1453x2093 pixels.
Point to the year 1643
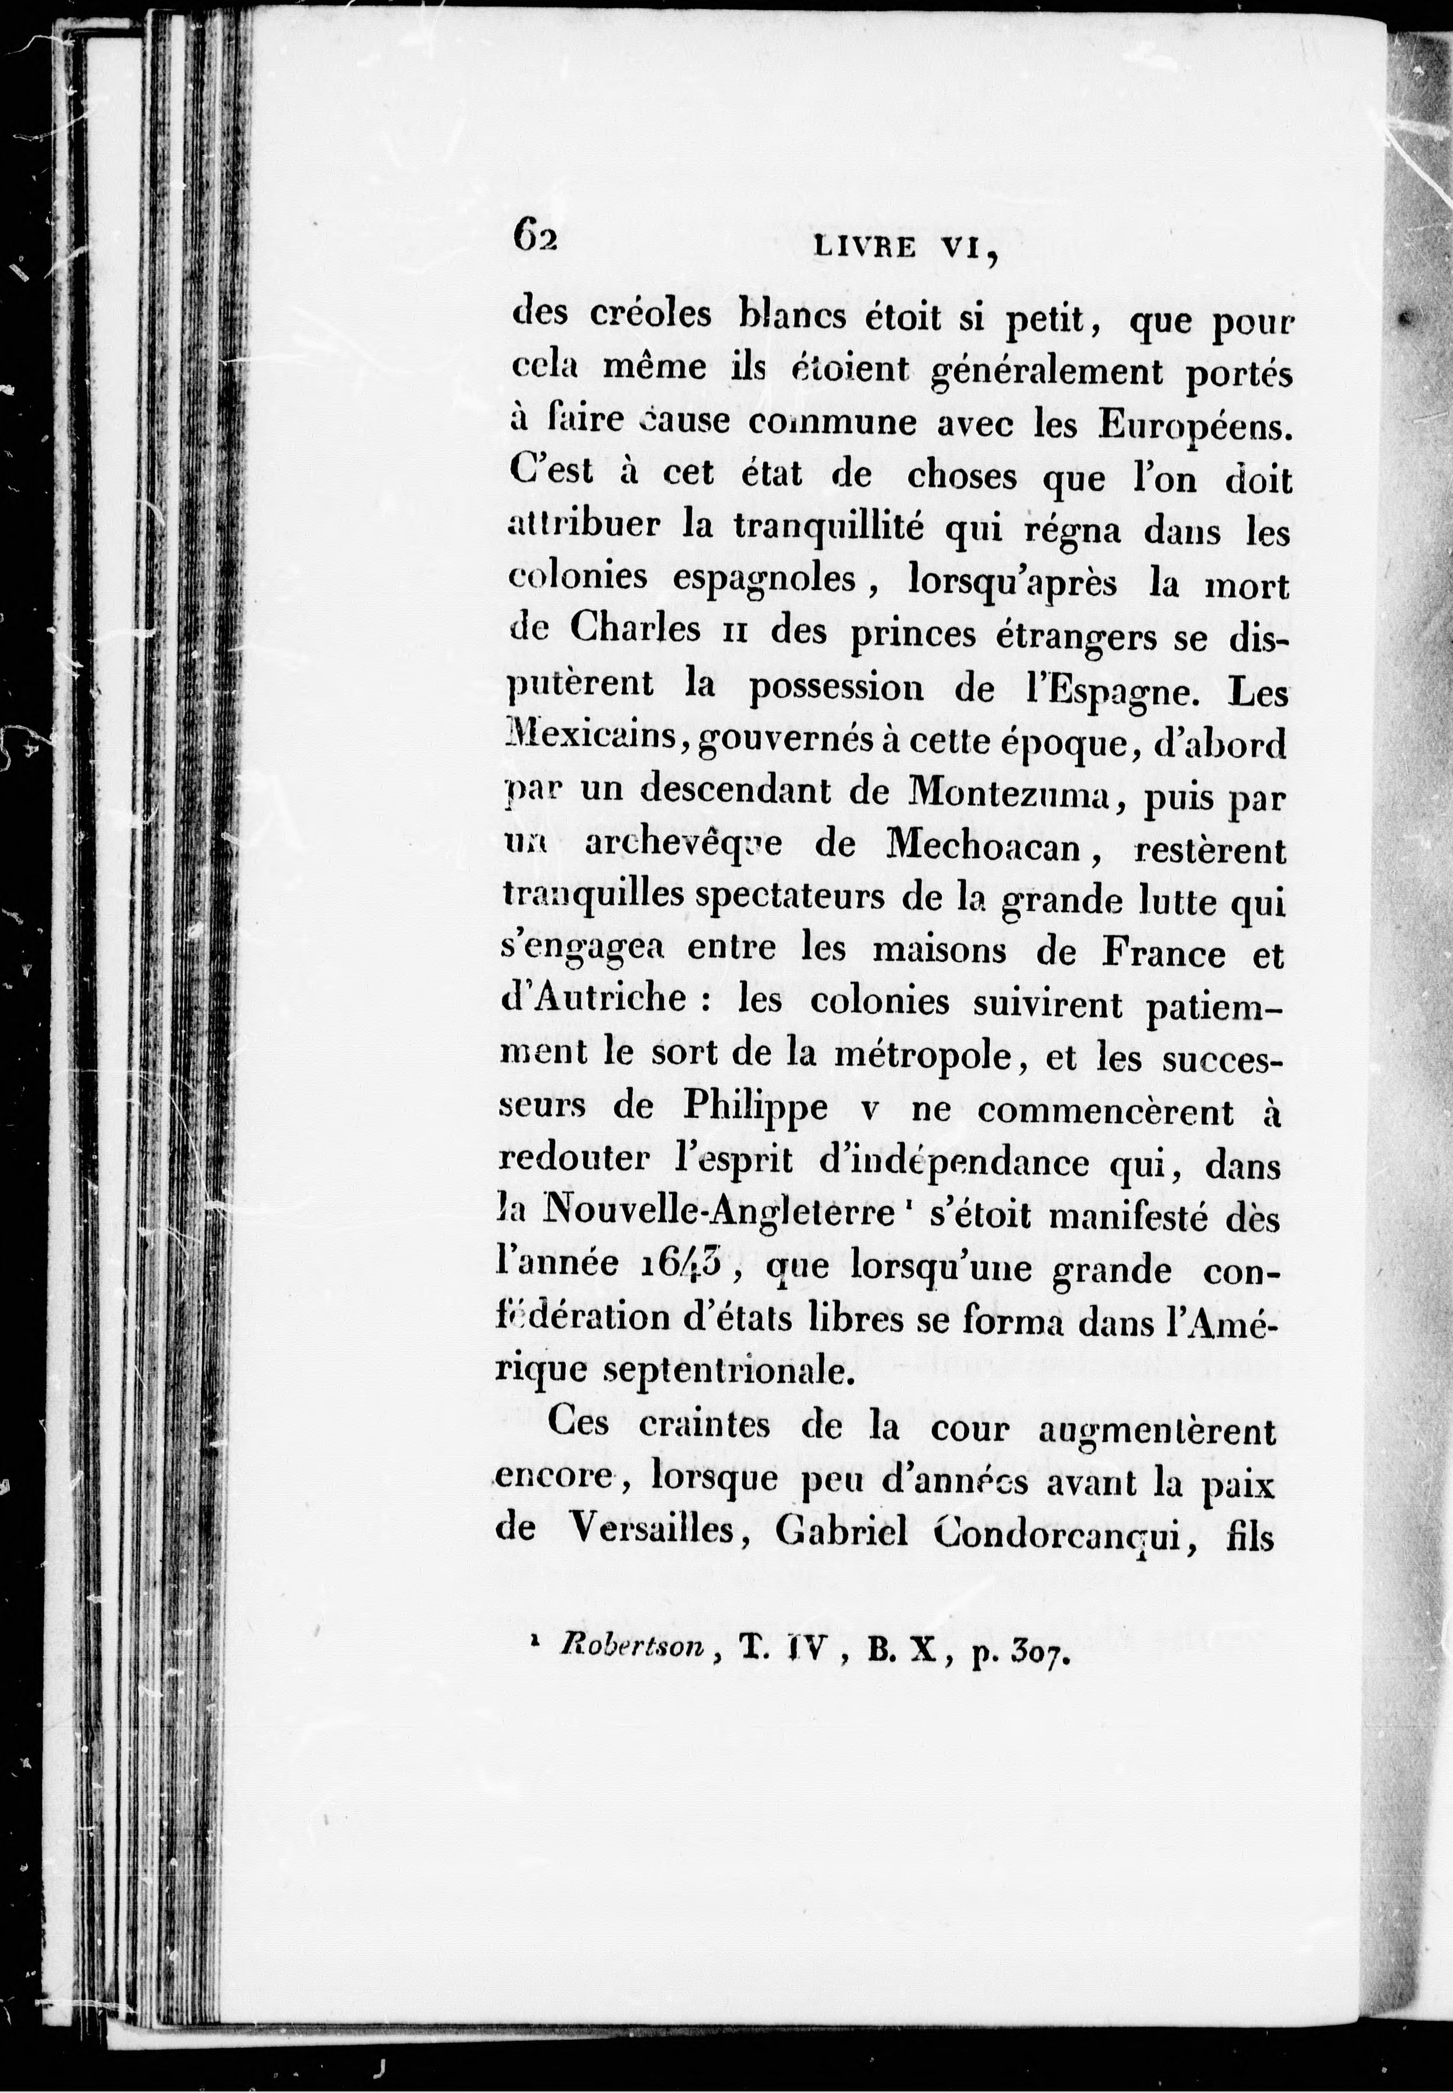click(674, 1265)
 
